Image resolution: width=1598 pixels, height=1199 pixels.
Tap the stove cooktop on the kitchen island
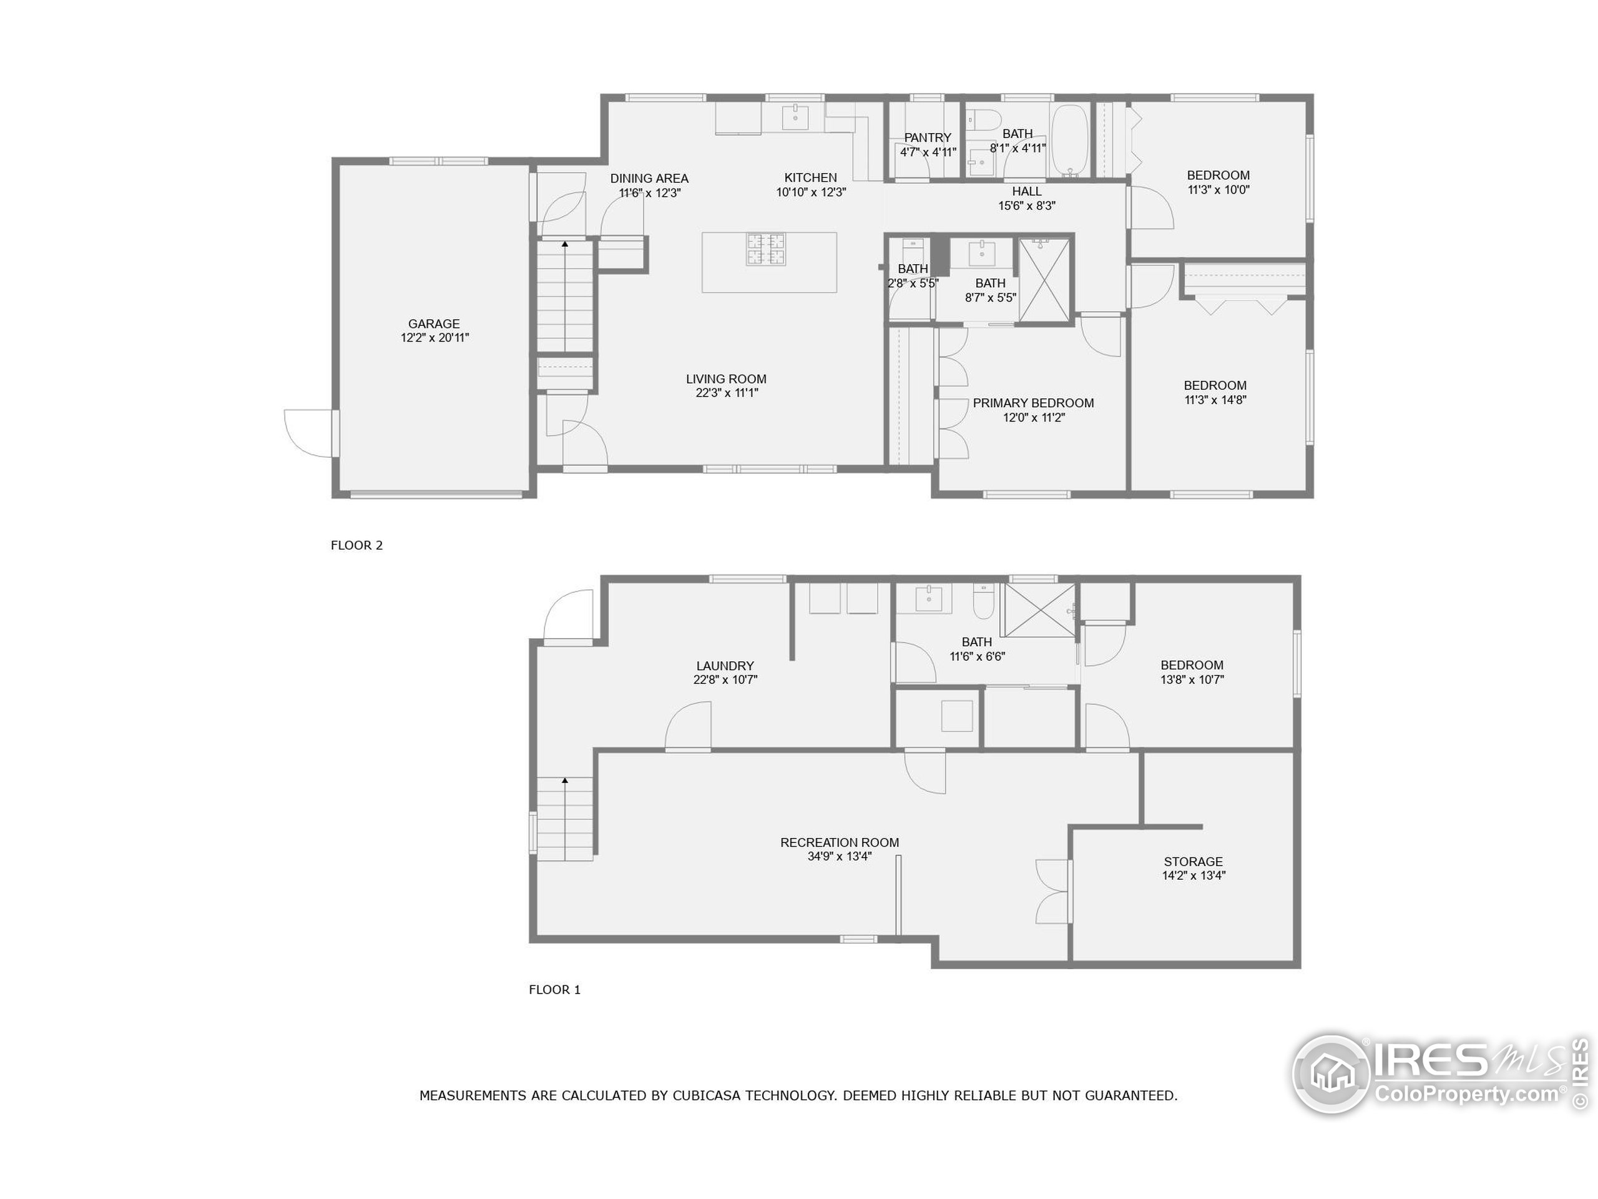click(766, 249)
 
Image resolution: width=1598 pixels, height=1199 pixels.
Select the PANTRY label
click(928, 137)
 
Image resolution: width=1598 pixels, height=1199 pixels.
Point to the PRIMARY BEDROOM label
click(1033, 403)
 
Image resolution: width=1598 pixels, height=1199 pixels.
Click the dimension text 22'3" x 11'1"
click(726, 392)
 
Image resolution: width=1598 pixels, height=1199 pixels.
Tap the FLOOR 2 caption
click(357, 545)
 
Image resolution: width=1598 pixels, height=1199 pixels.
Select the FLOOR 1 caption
click(555, 989)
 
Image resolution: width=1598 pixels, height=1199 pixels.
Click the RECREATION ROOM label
click(840, 842)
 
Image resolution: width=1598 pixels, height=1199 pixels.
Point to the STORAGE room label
click(1194, 862)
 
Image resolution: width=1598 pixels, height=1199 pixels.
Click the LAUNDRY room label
click(725, 666)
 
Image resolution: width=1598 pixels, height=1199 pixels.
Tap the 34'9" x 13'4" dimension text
click(840, 856)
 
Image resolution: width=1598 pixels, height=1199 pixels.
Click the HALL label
click(1027, 192)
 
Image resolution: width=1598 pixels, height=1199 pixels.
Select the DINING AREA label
click(649, 179)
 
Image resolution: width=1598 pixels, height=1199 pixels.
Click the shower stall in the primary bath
click(1044, 279)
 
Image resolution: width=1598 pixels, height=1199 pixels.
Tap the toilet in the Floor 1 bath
click(983, 602)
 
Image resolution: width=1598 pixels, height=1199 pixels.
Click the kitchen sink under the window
click(795, 116)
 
